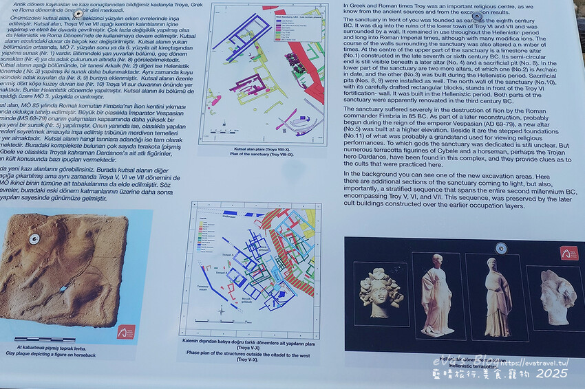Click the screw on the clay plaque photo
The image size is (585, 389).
click(34, 239)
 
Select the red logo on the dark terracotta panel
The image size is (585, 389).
click(568, 254)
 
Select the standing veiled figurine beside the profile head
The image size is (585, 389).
click(497, 297)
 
